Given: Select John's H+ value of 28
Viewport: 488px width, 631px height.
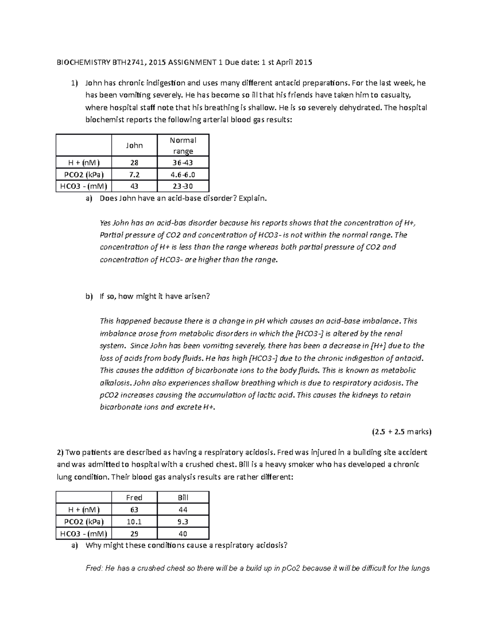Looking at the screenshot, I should tap(134, 163).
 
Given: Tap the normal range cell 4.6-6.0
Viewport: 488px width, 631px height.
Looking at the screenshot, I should tap(183, 175).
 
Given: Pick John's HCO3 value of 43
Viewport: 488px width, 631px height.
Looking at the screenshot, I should tap(134, 186).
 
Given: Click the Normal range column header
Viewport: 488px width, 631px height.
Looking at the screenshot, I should tap(183, 145).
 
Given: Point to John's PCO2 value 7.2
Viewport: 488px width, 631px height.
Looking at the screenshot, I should tap(134, 175).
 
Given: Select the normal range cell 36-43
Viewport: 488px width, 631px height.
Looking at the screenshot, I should tap(183, 163).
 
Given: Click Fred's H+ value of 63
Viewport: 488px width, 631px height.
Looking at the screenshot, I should tap(134, 510).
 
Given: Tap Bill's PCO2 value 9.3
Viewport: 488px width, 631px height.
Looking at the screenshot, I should tap(183, 522).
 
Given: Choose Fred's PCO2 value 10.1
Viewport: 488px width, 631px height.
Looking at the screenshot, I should tap(134, 522).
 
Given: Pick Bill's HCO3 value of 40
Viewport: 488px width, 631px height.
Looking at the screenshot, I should tap(183, 534).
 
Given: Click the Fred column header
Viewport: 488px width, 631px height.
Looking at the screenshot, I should tap(134, 497).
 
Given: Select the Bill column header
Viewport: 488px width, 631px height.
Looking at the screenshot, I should tap(183, 497).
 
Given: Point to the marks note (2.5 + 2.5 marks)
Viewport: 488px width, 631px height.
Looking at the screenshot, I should tap(401, 432).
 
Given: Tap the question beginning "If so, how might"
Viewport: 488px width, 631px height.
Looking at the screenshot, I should tap(155, 296).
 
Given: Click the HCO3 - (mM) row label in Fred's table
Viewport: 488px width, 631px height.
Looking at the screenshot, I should tap(83, 534).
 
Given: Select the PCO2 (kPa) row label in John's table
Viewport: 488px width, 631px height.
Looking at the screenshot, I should tap(83, 175).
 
